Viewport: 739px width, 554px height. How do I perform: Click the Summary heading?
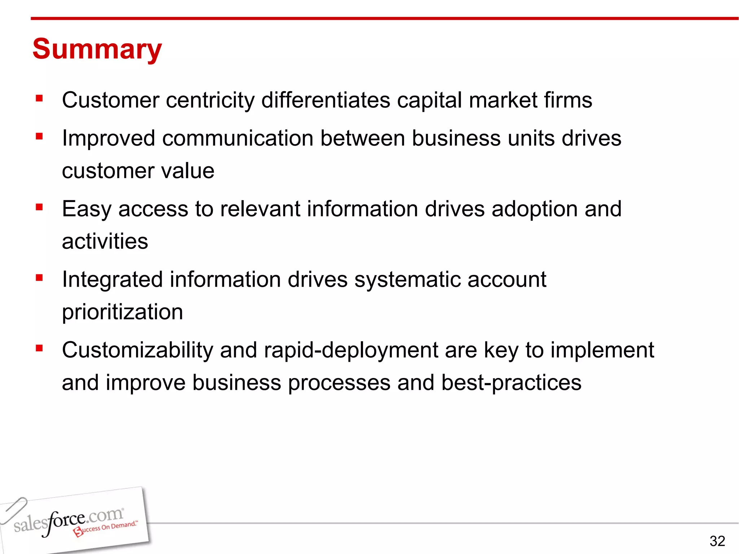click(x=97, y=49)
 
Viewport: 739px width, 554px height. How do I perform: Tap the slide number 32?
click(x=717, y=541)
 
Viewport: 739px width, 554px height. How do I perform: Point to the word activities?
click(x=105, y=241)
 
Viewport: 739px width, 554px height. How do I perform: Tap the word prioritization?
click(x=122, y=312)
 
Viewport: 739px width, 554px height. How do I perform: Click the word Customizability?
click(x=137, y=350)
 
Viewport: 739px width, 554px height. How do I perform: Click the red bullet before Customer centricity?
click(x=39, y=98)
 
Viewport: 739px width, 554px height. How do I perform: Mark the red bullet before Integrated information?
click(x=39, y=278)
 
